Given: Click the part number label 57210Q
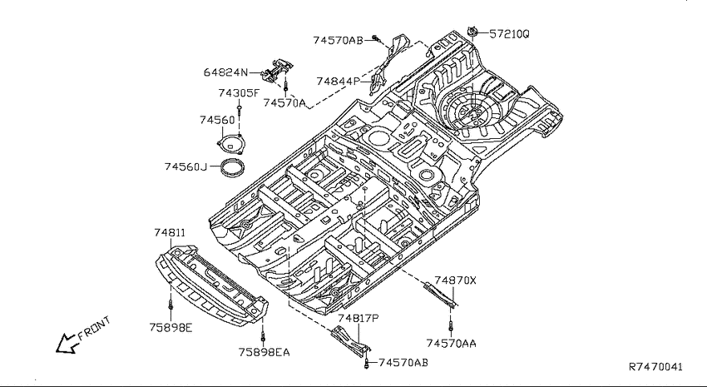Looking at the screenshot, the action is tap(509, 34).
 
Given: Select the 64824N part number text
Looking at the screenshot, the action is tap(225, 72).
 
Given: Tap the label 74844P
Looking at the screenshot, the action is tap(339, 82).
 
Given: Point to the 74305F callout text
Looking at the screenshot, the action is tap(239, 93).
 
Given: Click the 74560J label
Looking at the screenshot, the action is tap(185, 167).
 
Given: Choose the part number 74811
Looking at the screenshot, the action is tap(170, 233).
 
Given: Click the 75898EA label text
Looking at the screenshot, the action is tap(265, 352).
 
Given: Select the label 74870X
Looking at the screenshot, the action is tap(456, 280).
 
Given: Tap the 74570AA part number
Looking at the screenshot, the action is tap(452, 344).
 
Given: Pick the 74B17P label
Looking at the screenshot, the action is tap(358, 319).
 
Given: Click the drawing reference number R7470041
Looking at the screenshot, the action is tap(656, 367).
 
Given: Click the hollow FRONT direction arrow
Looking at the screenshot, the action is tap(66, 344).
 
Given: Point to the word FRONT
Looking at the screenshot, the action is tap(94, 328).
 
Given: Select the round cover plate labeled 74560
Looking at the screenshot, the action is tap(230, 144).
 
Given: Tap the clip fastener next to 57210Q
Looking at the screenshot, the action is tap(472, 32).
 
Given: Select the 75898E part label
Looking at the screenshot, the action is tap(171, 327).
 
